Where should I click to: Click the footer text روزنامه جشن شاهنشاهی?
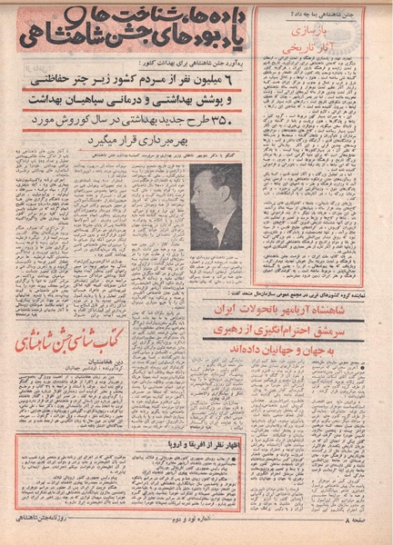tap(59, 527)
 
